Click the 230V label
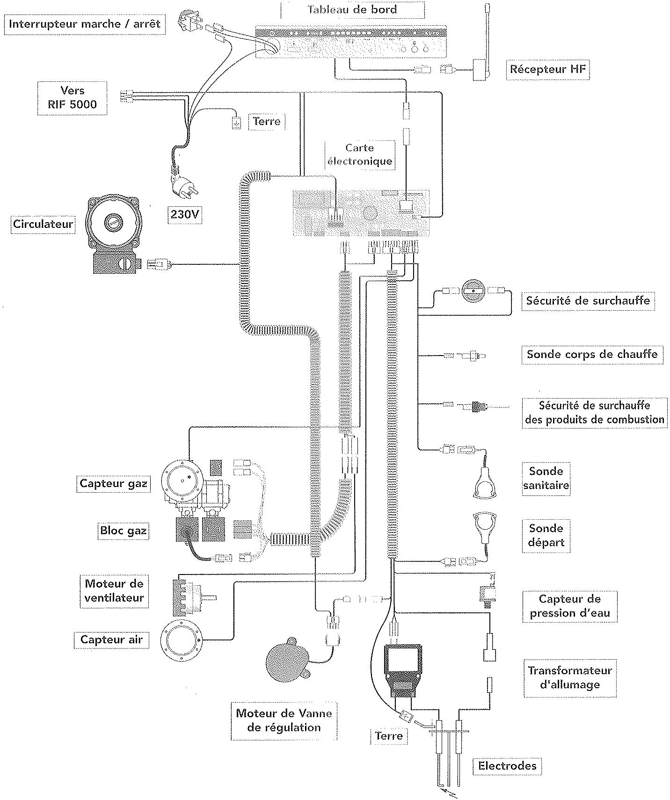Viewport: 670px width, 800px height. coord(184,214)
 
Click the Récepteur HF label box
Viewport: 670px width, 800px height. coord(547,70)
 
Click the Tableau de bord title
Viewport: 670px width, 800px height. coord(352,9)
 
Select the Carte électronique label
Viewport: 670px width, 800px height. coord(359,155)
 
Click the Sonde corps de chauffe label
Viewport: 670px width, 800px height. coord(592,354)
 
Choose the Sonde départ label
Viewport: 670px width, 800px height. coord(546,535)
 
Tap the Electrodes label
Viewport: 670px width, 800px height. coord(507,766)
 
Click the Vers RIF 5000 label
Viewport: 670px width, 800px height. coord(72,97)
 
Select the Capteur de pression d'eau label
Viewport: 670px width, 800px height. coord(569,606)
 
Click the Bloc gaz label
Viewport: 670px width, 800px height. coord(123,531)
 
